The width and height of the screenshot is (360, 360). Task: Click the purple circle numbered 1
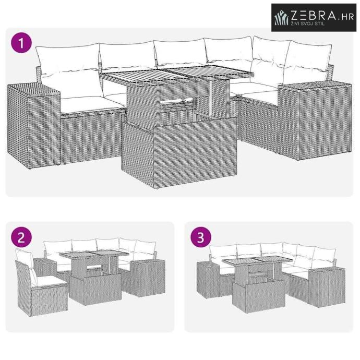[21, 43]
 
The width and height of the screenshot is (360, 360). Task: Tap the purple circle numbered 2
[21, 237]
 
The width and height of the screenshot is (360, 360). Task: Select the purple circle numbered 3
[201, 237]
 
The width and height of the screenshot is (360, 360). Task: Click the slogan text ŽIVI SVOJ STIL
[308, 23]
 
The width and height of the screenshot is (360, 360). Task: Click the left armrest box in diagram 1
[34, 126]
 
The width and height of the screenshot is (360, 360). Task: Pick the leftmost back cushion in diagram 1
[68, 57]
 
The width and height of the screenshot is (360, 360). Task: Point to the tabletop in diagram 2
[94, 255]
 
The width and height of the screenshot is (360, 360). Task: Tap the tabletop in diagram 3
[258, 260]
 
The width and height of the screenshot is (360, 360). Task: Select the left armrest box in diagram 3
[209, 280]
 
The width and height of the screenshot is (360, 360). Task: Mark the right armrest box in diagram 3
[327, 287]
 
